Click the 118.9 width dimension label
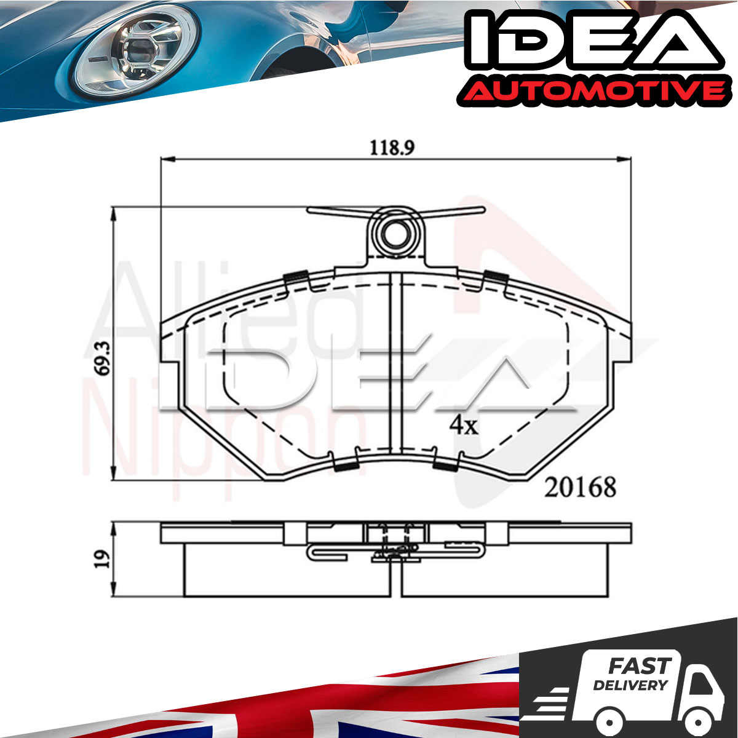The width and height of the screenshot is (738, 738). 392,148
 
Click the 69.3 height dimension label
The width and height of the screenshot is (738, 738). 103,359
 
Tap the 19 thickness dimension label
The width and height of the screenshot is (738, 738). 103,560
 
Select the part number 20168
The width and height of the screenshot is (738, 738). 580,488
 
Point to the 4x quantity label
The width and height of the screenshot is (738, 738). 464,425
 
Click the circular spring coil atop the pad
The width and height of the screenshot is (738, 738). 396,233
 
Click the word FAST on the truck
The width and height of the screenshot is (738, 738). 640,667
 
